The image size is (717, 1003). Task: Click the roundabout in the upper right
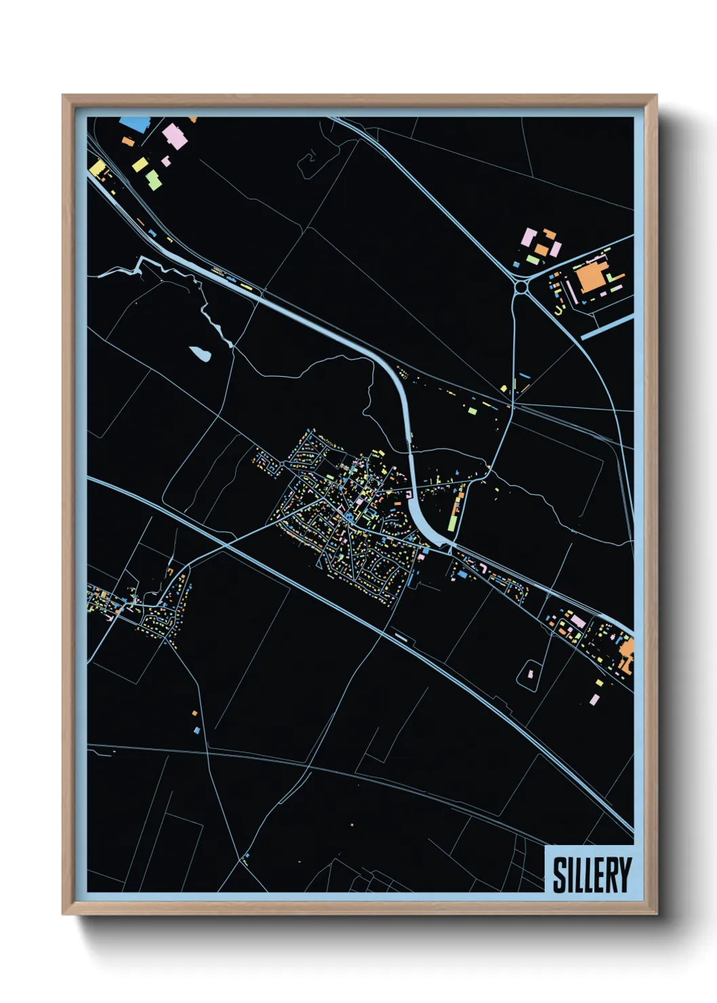521,288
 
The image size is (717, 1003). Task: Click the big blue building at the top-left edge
134,124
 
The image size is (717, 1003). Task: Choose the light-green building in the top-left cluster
154,180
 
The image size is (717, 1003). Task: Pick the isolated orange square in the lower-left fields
194,713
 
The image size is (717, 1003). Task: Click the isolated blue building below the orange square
197,731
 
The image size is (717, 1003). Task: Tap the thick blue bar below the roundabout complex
607,328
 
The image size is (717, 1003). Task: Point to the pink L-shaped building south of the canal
483,567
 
